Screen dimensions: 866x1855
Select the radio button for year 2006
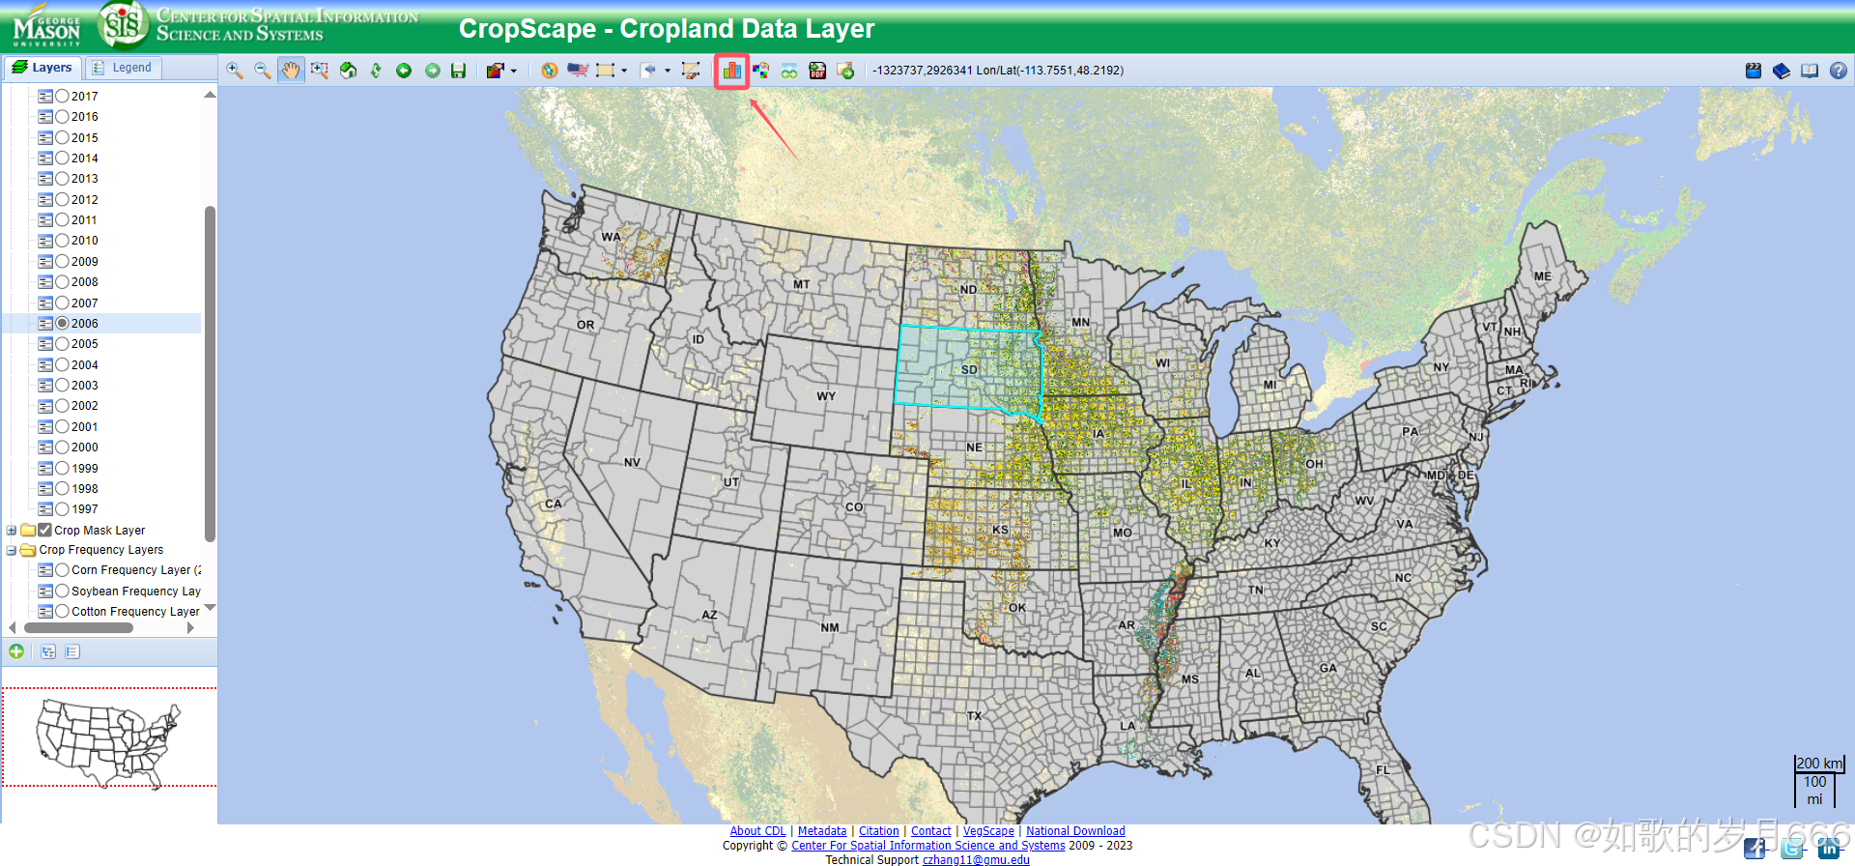[x=63, y=323]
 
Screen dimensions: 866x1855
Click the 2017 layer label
[x=84, y=96]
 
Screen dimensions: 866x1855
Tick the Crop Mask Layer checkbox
[x=44, y=530]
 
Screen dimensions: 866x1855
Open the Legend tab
[x=124, y=68]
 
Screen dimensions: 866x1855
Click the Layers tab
[x=43, y=68]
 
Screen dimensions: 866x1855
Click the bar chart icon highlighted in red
[x=731, y=71]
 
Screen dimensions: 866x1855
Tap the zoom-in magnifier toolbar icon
[x=234, y=71]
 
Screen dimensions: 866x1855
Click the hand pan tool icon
[x=291, y=71]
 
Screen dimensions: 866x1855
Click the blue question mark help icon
[x=1838, y=71]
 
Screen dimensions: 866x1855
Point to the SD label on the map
[x=969, y=370]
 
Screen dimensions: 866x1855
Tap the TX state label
[x=974, y=716]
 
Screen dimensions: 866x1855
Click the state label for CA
[x=553, y=504]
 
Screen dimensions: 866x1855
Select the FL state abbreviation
[x=1383, y=770]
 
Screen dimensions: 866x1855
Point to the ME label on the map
[x=1543, y=276]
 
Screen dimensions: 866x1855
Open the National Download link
[x=1075, y=831]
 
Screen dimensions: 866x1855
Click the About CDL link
[x=757, y=831]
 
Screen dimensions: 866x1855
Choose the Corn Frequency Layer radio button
[x=63, y=570]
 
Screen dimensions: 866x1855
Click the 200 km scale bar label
[x=1819, y=764]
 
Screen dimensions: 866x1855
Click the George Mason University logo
[x=46, y=26]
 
